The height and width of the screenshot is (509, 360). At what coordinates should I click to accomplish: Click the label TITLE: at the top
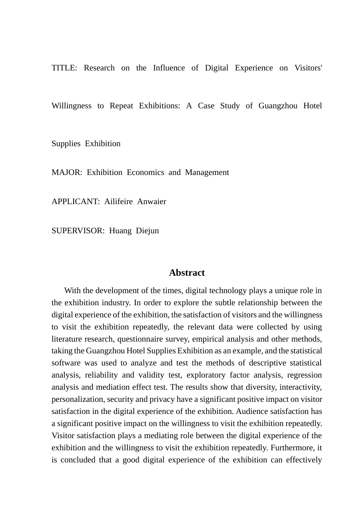tap(64, 68)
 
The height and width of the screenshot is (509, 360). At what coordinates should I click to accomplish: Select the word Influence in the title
tap(169, 68)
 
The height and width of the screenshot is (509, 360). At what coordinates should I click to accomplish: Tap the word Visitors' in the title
tap(308, 68)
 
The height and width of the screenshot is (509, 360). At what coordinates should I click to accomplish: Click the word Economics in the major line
tap(146, 172)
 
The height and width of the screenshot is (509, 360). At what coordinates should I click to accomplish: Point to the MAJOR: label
tap(67, 172)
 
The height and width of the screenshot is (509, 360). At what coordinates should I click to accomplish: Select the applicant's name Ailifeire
tap(118, 201)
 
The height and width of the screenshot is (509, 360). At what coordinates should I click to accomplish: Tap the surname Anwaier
tap(152, 201)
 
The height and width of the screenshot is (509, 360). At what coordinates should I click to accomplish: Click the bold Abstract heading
tap(187, 273)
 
